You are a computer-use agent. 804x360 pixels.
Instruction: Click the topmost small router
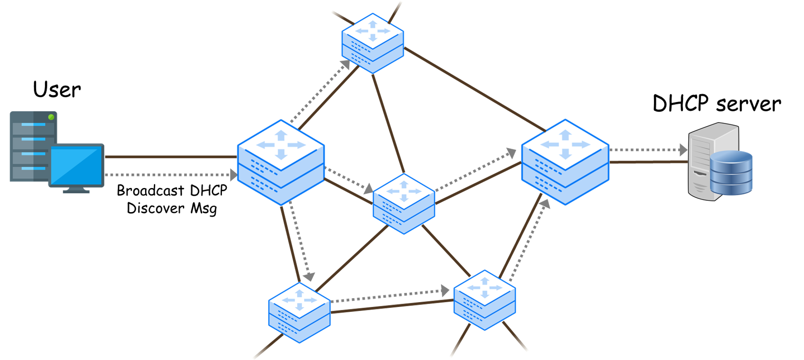(x=373, y=43)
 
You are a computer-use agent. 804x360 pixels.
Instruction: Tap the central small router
(x=404, y=203)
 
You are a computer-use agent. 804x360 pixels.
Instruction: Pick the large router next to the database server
(x=565, y=162)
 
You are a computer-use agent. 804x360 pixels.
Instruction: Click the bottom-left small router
(x=299, y=312)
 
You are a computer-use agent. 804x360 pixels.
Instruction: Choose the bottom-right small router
(x=484, y=300)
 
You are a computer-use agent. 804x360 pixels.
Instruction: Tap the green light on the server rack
(x=51, y=117)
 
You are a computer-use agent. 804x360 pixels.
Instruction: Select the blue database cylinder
(x=731, y=173)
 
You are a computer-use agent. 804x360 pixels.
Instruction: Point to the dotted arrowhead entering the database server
(x=683, y=150)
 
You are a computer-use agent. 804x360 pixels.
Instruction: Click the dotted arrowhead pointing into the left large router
(x=233, y=175)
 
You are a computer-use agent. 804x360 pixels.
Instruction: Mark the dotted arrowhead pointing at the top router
(x=346, y=65)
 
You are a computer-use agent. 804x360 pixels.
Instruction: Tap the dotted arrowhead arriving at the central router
(x=368, y=188)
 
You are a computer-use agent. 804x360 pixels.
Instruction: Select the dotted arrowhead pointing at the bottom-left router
(x=309, y=276)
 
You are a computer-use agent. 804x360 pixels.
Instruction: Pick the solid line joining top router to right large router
(x=474, y=89)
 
